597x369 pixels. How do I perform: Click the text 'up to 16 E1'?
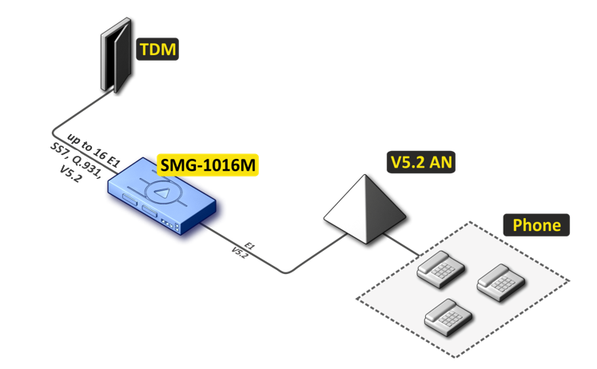[94, 148]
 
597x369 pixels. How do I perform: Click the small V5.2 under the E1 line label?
[240, 251]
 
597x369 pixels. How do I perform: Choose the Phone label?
[536, 225]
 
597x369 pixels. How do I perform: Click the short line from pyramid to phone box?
[407, 248]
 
